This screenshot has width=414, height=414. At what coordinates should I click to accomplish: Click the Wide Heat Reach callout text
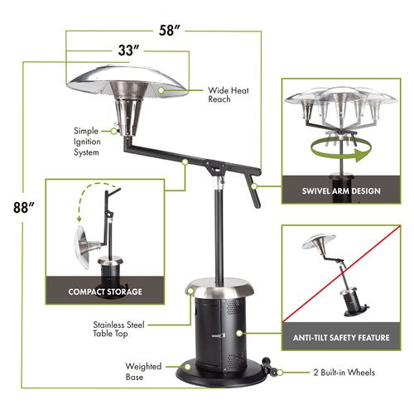click(x=219, y=94)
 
